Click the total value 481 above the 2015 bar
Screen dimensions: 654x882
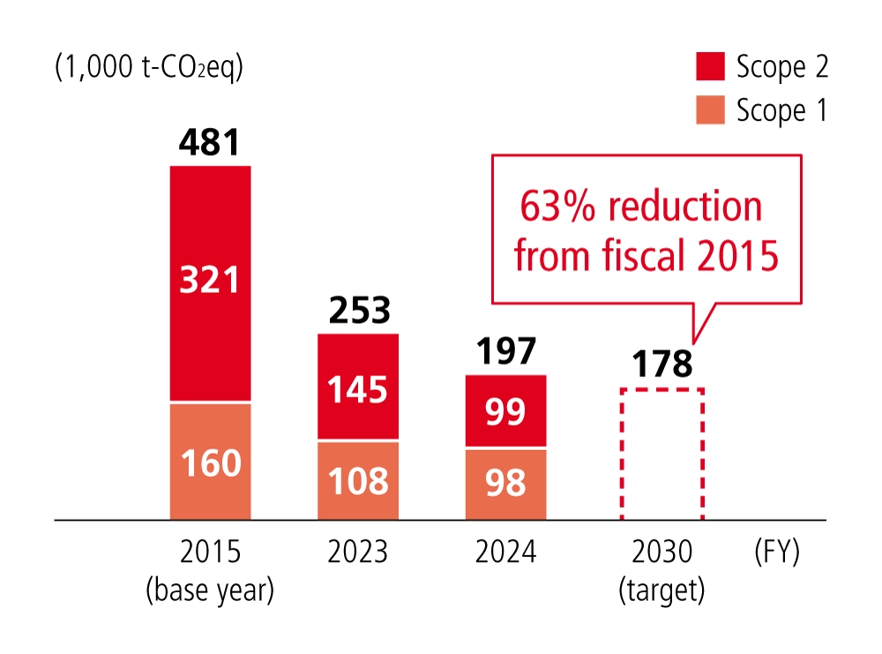click(210, 142)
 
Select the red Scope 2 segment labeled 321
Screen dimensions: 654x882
click(210, 282)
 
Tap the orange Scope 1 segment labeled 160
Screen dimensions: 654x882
click(210, 462)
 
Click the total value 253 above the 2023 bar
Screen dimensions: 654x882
click(358, 310)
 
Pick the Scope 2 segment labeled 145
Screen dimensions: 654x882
click(358, 387)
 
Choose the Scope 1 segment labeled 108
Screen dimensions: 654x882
click(358, 481)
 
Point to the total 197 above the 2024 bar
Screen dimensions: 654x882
click(505, 351)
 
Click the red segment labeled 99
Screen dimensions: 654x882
click(505, 411)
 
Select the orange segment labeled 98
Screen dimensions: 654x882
click(505, 484)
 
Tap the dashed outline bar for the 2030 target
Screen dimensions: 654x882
click(661, 454)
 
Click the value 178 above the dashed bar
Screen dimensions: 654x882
click(661, 364)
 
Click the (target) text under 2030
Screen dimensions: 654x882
click(661, 590)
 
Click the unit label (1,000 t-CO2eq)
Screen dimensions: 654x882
click(148, 67)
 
